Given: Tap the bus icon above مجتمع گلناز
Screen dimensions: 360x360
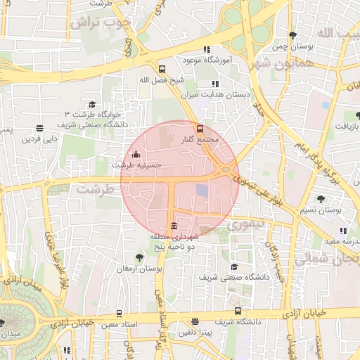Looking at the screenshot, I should coord(200,129).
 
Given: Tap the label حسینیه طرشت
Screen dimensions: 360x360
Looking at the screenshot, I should coord(137,165).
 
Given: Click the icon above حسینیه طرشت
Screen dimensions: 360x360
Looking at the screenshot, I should coord(136,155).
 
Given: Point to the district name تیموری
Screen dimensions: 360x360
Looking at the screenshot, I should coord(245,225).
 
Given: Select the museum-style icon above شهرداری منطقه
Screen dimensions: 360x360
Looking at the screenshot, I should coord(174,226).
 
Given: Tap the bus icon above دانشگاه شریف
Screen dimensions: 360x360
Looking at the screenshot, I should coord(237,310).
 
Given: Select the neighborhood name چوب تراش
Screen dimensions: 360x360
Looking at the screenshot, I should coord(101,22).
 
